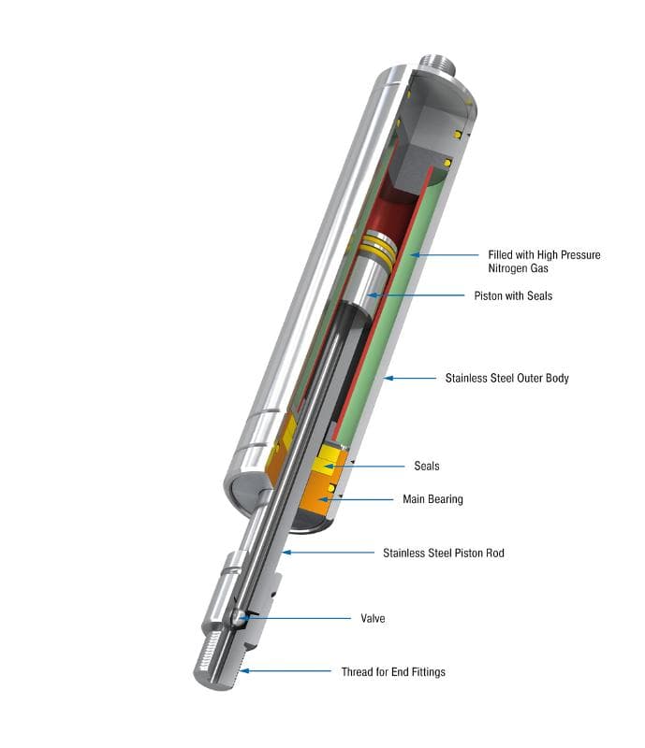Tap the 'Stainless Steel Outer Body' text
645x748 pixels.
tap(506, 379)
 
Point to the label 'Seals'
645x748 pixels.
tap(427, 466)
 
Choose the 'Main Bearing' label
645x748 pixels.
tap(432, 499)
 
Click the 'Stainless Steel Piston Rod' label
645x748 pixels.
tap(443, 553)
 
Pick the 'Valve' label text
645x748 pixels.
tap(373, 618)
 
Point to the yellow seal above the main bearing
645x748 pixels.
tap(330, 458)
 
